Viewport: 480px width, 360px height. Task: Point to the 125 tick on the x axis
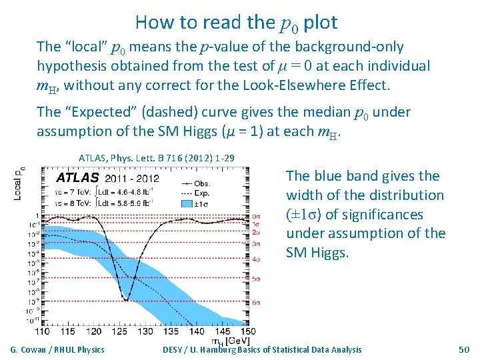[x=125, y=331]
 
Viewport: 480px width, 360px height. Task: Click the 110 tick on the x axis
[x=42, y=331]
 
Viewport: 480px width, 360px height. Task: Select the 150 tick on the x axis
[x=248, y=331]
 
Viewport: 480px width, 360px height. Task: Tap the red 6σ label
[x=257, y=303]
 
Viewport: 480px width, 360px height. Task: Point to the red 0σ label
[x=257, y=217]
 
